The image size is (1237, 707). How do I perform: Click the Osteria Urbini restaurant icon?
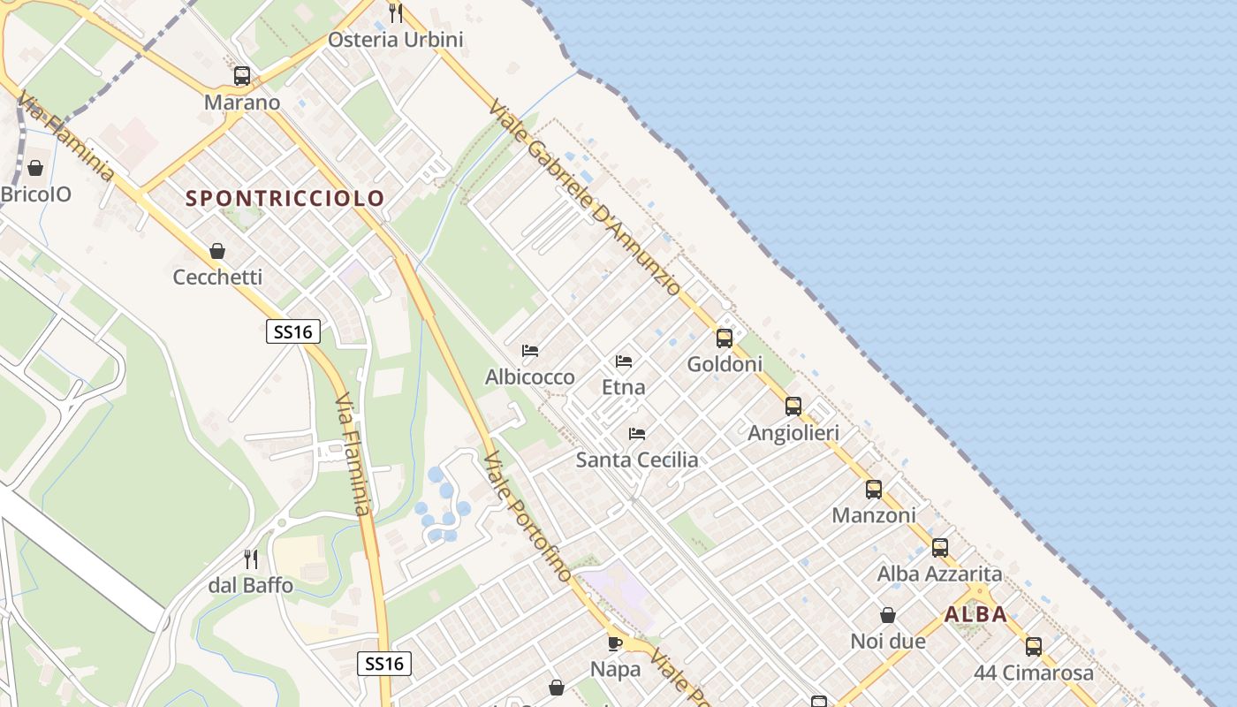(x=396, y=13)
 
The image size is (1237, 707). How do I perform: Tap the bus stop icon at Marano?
(x=242, y=76)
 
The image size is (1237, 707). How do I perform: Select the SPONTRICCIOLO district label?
(x=285, y=198)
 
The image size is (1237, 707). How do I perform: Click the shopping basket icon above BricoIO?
(x=35, y=168)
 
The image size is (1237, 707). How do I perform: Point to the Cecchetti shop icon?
(x=217, y=251)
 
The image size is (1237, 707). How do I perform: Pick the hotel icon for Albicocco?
(x=530, y=351)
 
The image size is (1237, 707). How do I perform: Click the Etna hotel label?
(x=623, y=387)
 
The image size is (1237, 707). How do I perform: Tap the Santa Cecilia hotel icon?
(x=636, y=434)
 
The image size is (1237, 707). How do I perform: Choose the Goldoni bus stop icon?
(x=725, y=338)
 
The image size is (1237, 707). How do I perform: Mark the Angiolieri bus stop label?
(x=793, y=433)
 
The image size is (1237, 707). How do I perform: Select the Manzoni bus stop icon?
(x=874, y=489)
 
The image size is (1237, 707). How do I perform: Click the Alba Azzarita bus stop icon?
(x=940, y=548)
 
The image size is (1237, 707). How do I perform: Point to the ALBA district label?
(x=975, y=614)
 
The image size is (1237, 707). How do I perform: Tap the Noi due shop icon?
(x=888, y=615)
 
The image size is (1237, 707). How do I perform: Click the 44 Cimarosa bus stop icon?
(x=1034, y=646)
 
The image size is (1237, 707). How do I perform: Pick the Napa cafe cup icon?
(x=615, y=642)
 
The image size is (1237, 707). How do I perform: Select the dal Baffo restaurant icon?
(x=251, y=559)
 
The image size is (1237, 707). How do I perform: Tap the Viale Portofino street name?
(x=527, y=517)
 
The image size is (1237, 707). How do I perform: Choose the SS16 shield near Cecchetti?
(x=292, y=331)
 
